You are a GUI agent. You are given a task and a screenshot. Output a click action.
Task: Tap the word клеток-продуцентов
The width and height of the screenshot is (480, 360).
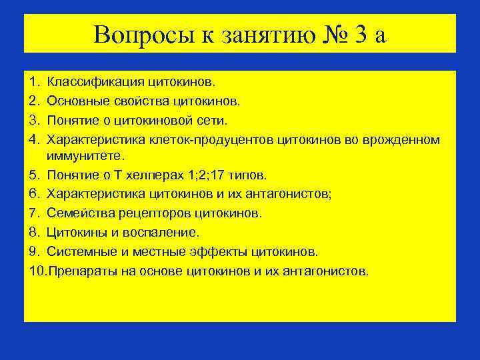(216, 139)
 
